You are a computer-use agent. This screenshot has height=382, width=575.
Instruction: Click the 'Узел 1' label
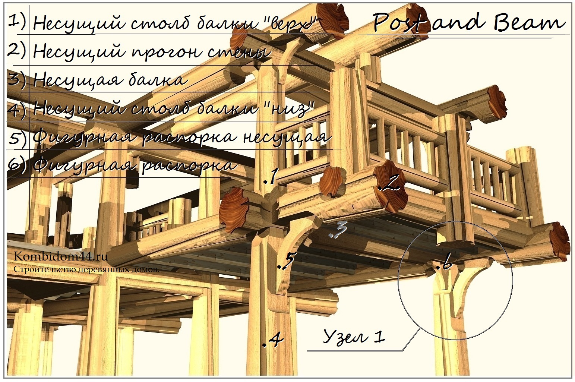(354, 336)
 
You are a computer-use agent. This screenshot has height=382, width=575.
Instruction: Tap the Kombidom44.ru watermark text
(61, 256)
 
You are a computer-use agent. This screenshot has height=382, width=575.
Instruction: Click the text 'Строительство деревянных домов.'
(86, 269)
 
